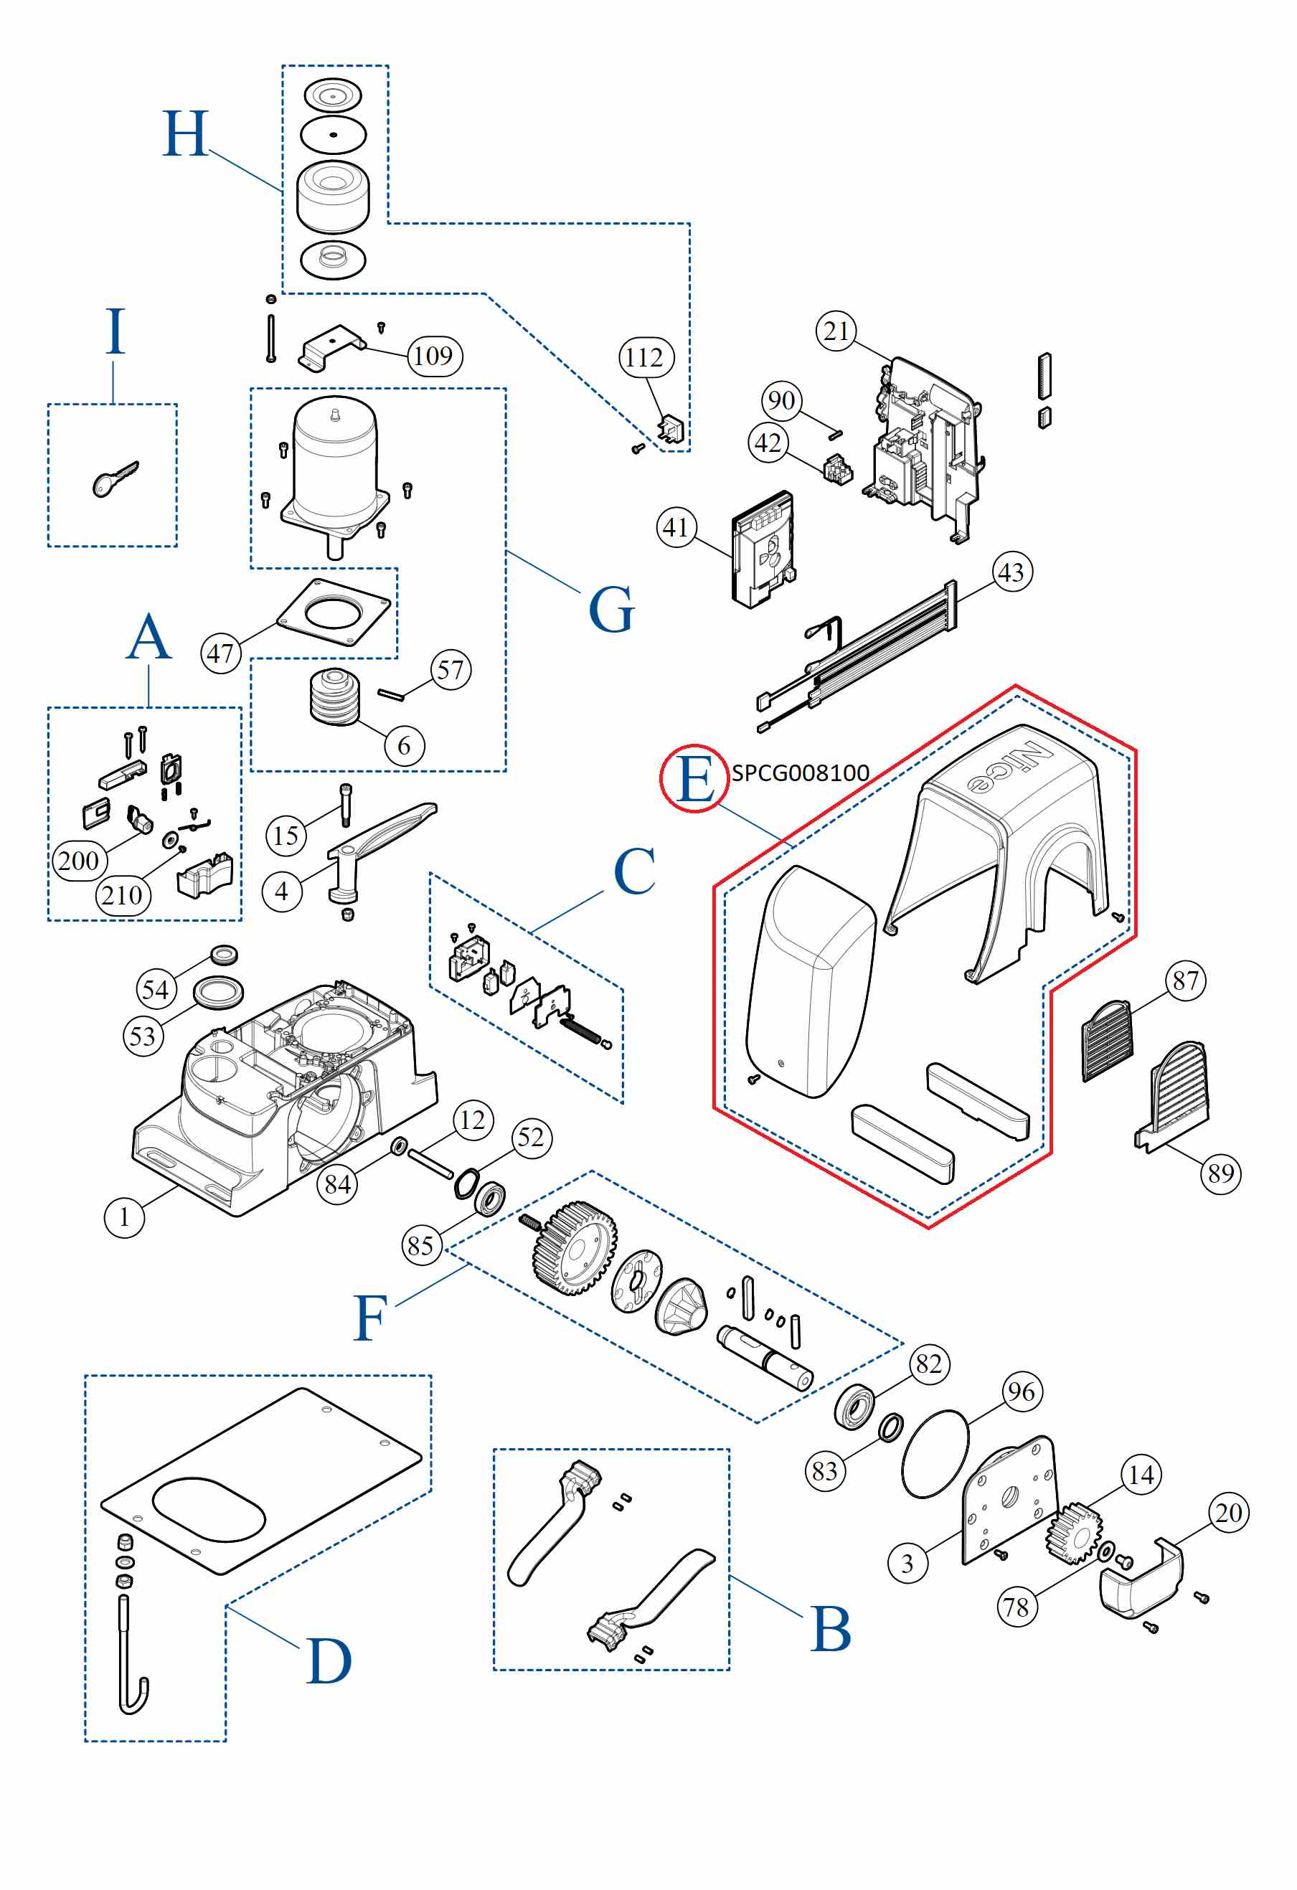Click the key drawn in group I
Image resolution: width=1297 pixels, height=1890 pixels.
114,480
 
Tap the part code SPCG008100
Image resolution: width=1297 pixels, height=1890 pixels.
800,772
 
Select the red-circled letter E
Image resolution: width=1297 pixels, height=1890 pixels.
694,778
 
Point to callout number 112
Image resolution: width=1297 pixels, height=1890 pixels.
646,357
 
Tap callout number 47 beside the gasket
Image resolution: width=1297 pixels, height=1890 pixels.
221,653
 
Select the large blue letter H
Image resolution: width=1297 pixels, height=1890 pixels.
185,134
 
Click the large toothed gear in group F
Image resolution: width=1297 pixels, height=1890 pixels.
574,1248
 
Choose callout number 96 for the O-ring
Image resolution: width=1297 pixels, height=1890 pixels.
1022,1391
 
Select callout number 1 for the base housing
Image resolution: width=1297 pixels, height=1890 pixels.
124,1216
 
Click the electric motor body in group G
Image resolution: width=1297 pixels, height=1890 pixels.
335,463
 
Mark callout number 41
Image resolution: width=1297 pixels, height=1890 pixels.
676,528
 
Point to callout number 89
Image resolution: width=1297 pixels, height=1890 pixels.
1220,1173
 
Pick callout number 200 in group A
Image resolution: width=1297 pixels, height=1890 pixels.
78,861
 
